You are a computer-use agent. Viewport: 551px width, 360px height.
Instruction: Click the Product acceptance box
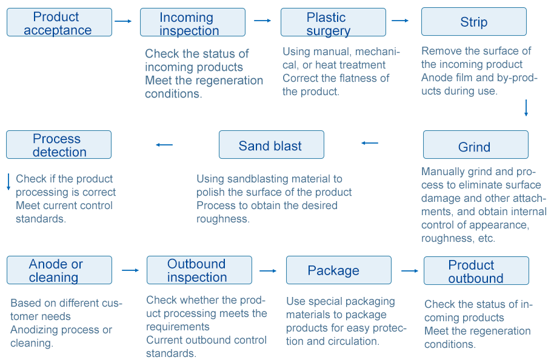pos(59,22)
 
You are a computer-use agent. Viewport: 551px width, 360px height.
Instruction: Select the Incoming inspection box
pos(193,22)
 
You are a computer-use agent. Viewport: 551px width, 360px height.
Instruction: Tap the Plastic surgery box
pos(333,22)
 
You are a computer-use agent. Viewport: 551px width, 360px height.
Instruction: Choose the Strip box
pos(473,21)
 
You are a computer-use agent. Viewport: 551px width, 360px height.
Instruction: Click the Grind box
pos(475,144)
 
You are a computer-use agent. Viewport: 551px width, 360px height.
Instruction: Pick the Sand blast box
pos(272,144)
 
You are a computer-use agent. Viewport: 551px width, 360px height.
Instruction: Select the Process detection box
pos(59,144)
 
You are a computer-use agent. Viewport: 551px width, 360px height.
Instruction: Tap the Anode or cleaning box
pos(59,270)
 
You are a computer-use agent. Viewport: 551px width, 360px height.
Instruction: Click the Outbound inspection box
pos(199,270)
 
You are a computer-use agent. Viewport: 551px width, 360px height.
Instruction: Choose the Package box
pos(338,270)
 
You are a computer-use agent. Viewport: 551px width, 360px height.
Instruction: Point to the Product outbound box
pos(476,270)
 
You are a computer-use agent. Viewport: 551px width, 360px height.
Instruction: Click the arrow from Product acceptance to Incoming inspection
pos(123,21)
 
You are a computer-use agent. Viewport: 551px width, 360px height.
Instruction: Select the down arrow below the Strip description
pos(526,108)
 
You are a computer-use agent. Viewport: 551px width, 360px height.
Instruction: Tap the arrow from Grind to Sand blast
pos(370,143)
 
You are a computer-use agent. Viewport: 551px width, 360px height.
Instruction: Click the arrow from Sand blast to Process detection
pos(164,145)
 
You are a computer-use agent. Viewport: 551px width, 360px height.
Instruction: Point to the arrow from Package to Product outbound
pos(410,271)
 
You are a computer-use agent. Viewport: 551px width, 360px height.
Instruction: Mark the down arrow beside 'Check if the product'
pos(8,182)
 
